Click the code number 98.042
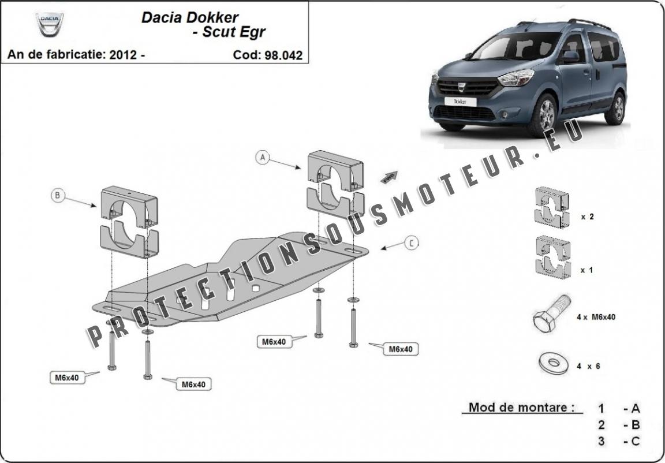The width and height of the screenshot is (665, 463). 283,55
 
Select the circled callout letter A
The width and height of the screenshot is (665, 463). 263,156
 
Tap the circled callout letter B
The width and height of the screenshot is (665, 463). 57,196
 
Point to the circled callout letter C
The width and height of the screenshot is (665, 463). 411,244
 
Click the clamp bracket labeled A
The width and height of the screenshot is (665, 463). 335,182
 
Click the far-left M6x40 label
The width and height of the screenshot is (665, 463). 67,378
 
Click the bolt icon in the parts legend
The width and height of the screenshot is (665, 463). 551,315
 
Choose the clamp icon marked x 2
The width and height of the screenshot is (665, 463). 551,207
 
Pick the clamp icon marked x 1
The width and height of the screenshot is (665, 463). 551,256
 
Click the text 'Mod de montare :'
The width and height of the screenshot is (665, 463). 521,407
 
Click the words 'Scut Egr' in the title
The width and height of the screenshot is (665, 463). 233,32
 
